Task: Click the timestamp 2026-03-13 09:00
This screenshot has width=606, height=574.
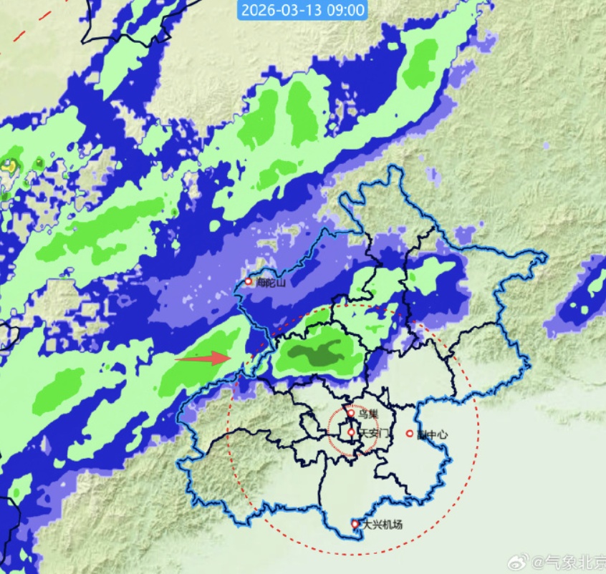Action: tap(303, 10)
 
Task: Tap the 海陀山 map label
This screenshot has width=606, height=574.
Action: tap(271, 283)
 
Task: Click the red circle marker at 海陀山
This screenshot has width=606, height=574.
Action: tap(248, 281)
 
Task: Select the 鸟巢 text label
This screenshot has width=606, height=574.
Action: tap(367, 414)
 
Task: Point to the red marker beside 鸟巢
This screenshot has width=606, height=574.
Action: tap(351, 412)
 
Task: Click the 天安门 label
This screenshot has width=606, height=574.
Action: tap(374, 433)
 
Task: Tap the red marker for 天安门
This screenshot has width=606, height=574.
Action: tap(351, 432)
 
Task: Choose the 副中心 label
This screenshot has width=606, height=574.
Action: tap(433, 434)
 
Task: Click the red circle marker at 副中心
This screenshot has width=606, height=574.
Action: tap(410, 433)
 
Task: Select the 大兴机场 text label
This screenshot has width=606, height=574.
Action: tap(382, 525)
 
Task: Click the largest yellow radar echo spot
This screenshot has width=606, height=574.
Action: tap(9, 165)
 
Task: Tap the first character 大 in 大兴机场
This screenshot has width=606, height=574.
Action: tap(367, 525)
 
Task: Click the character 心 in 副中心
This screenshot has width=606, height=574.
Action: tap(443, 434)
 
